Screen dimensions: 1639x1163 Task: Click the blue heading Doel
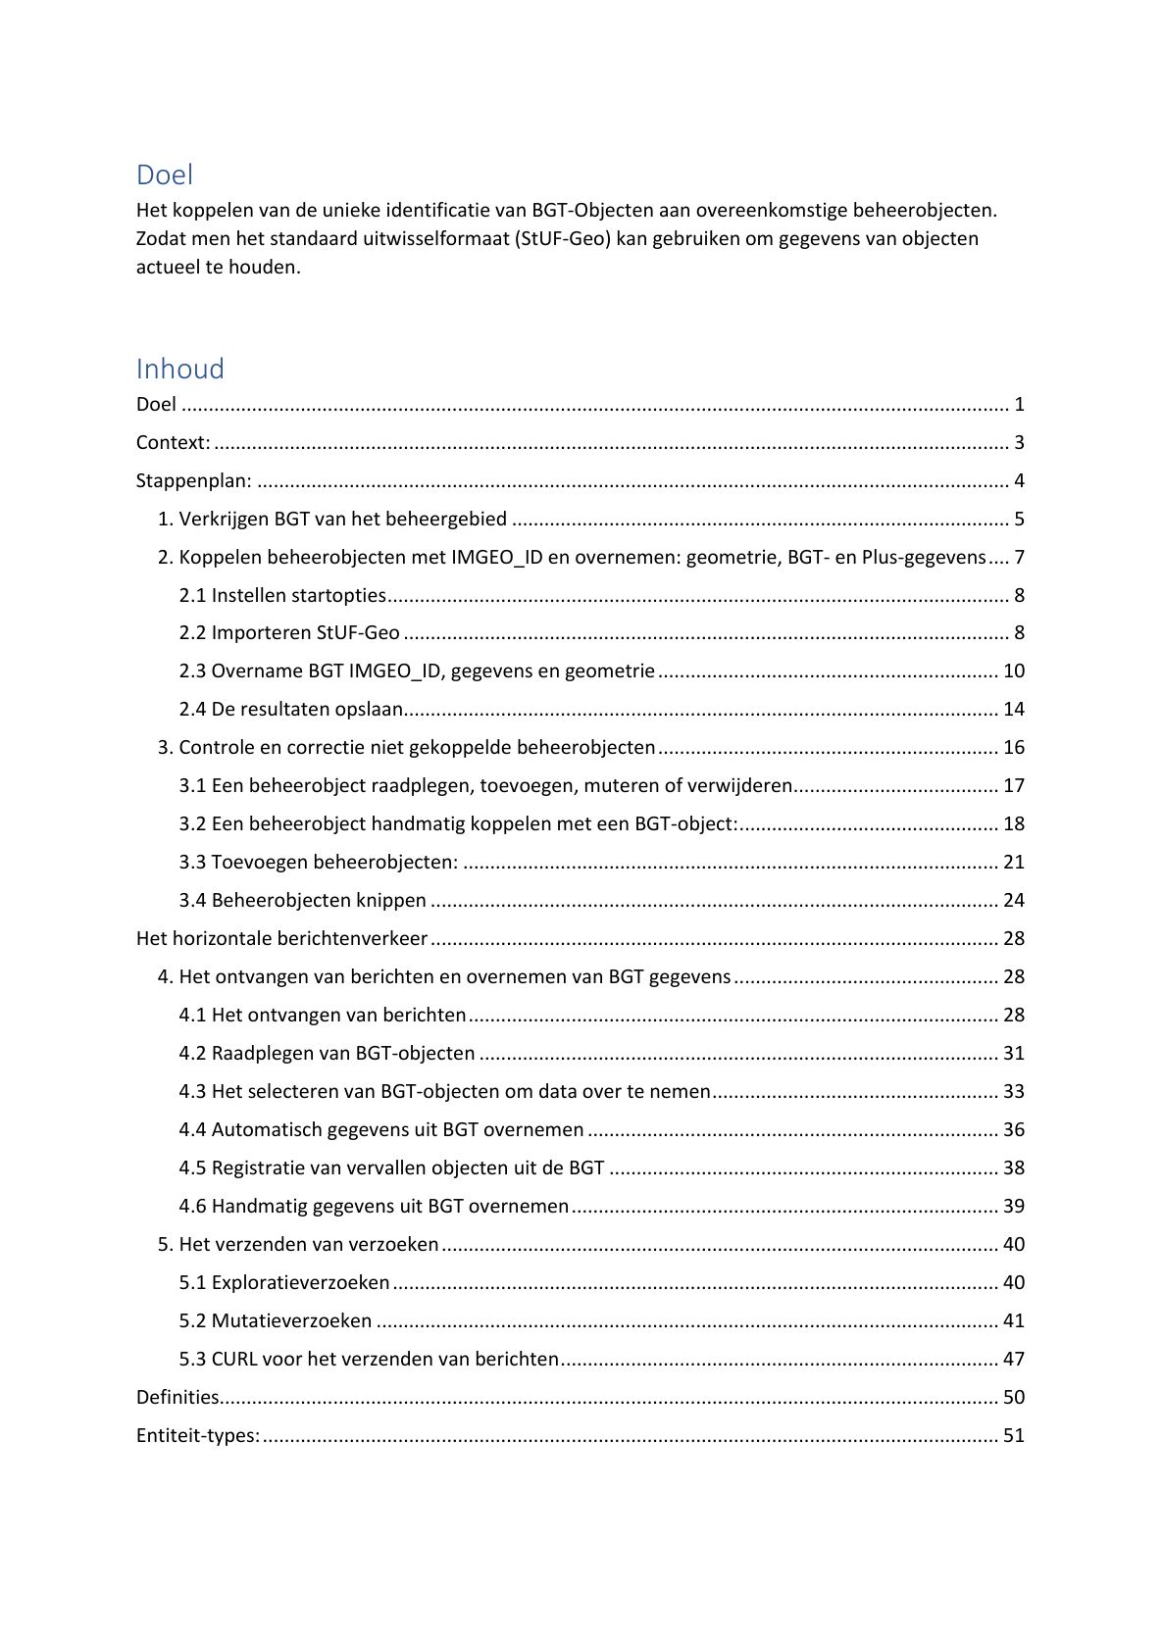tap(164, 174)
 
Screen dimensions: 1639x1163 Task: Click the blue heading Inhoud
tap(179, 369)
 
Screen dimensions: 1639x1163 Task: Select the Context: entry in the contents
tap(173, 442)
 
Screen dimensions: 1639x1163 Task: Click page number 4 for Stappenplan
tap(1019, 480)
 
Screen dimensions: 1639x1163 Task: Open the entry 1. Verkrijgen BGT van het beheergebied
tap(332, 519)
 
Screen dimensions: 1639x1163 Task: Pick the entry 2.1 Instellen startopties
tap(282, 595)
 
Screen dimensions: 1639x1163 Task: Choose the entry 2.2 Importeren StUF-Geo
tap(289, 632)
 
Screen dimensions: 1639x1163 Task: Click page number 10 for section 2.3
tap(1013, 670)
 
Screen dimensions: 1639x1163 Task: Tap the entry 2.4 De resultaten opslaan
tap(291, 709)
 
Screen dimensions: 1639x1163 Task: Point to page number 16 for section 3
tap(1013, 747)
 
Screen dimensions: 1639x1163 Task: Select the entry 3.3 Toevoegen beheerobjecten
tap(318, 862)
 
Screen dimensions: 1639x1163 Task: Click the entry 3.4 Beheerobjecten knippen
tap(302, 900)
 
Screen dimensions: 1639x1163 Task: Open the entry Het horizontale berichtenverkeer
tap(281, 938)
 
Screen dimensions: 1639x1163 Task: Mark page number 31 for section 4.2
tap(1013, 1053)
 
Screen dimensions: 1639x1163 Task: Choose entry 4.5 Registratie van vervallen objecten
tap(391, 1167)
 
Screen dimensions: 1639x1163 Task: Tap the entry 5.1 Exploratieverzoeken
tap(284, 1282)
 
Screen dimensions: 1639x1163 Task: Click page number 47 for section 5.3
tap(1013, 1359)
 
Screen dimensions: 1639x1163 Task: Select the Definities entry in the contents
tap(177, 1397)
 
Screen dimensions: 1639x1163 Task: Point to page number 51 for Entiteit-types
tap(1013, 1435)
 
